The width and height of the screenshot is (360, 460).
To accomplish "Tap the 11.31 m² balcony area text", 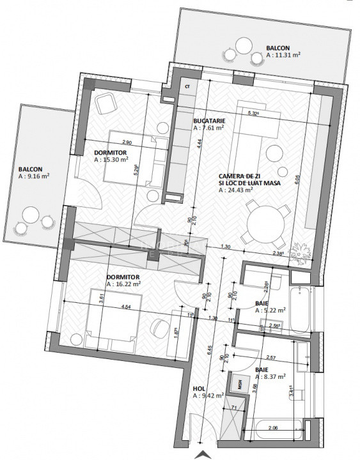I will [x=283, y=56].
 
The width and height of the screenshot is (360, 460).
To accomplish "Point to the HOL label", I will [x=199, y=388].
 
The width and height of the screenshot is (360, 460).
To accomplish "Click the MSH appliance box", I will [x=240, y=384].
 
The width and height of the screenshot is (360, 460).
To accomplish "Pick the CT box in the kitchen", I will [x=187, y=86].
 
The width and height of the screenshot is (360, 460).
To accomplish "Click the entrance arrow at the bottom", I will [x=203, y=454].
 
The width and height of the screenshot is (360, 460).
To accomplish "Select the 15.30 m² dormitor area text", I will [x=111, y=160].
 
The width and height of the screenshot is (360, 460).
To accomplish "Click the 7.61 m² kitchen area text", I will [x=208, y=128].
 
